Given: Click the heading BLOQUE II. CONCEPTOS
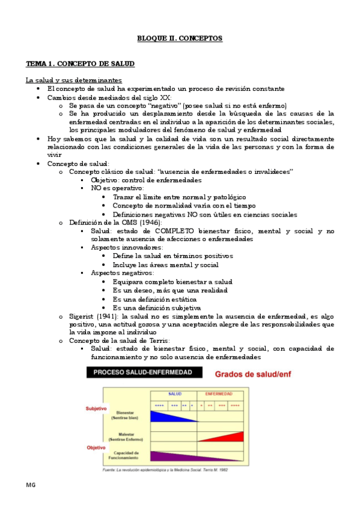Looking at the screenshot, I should click(x=180, y=38).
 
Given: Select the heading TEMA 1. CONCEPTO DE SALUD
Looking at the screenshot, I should click(x=80, y=63).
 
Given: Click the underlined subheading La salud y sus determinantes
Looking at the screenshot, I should click(x=73, y=80).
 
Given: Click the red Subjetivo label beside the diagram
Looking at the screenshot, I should click(x=96, y=408).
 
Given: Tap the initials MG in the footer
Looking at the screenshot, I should click(x=31, y=485).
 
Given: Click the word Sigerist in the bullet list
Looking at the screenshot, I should click(x=82, y=315).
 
